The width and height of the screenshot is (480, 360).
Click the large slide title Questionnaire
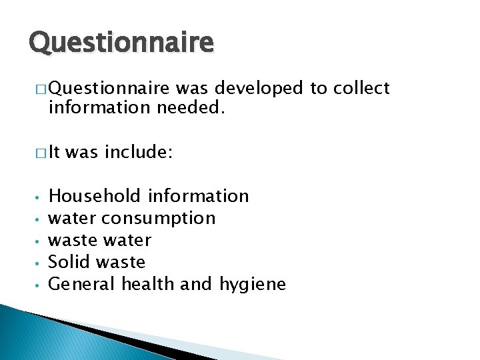click(121, 43)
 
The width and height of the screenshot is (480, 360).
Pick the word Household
click(95, 196)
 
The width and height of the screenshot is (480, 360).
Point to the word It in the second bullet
click(55, 153)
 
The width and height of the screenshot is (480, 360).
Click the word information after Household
click(198, 196)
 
